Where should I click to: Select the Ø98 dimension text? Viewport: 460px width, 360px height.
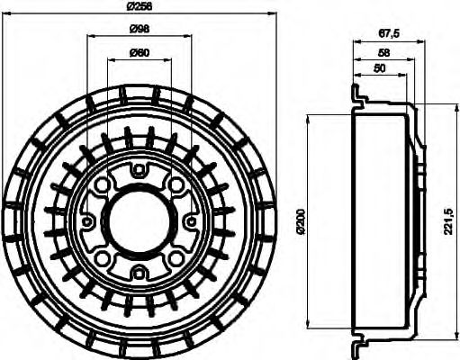click(140, 29)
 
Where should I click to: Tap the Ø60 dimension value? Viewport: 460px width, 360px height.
click(140, 51)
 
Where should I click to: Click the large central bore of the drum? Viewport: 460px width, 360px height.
click(140, 220)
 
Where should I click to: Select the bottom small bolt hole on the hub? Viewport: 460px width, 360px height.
click(140, 273)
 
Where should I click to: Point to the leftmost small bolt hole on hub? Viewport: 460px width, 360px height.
click(87, 220)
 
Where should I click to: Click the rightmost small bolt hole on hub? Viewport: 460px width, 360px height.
click(192, 220)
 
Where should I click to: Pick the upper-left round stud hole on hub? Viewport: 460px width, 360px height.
click(103, 184)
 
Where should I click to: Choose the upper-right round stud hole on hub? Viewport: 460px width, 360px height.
click(176, 184)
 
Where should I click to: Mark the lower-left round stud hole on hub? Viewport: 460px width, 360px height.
click(103, 257)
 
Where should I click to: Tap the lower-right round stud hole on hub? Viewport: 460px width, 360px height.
click(176, 257)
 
